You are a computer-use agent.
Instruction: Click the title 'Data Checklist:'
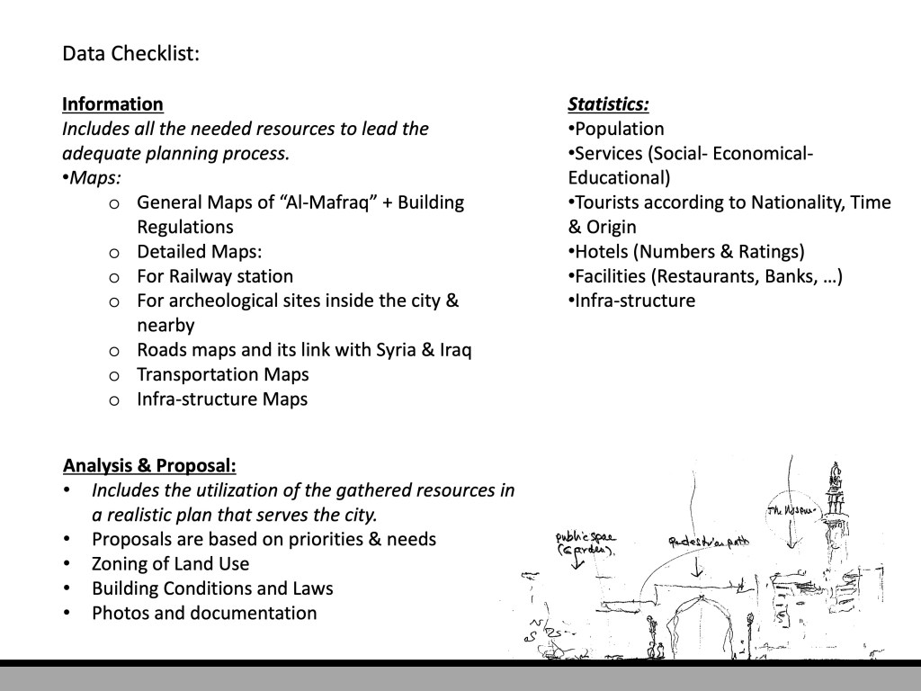point(130,54)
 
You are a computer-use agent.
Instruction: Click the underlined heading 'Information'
point(112,104)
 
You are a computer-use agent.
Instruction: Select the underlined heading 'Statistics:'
point(608,104)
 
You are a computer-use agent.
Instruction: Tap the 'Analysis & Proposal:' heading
point(149,466)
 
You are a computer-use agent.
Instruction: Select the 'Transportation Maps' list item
point(222,374)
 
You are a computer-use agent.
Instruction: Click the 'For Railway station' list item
point(214,276)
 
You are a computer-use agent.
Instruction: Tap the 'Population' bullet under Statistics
point(619,129)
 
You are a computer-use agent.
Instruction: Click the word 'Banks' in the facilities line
point(769,276)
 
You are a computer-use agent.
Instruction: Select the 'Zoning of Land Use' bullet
point(170,564)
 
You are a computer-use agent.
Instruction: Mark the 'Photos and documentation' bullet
point(204,614)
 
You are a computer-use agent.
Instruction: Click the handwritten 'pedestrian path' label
point(708,542)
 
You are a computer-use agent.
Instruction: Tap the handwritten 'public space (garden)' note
point(585,543)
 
